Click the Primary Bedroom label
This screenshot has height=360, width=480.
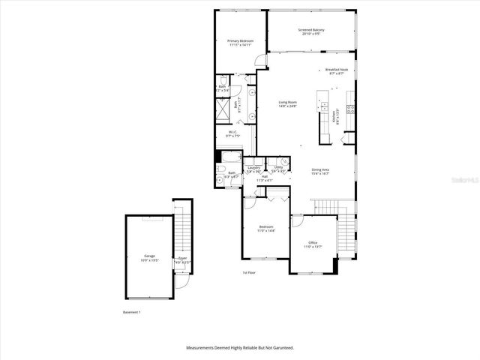(241, 43)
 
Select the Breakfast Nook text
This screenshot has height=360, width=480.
(337, 71)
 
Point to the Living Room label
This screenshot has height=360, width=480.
(288, 104)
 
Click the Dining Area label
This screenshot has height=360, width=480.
(321, 171)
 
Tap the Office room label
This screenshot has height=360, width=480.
(313, 244)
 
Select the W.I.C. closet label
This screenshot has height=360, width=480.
(233, 134)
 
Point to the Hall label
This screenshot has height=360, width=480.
(265, 178)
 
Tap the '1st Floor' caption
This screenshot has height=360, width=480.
(249, 272)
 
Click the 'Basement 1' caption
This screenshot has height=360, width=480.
(131, 311)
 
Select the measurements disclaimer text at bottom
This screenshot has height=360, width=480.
(240, 348)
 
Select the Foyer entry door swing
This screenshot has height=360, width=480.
(181, 283)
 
